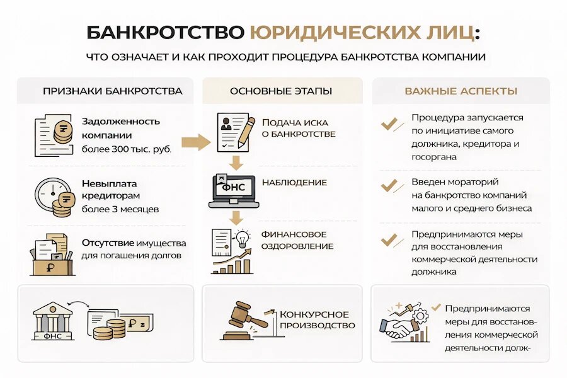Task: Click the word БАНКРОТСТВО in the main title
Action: (166, 33)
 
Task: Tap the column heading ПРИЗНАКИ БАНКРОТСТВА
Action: (113, 91)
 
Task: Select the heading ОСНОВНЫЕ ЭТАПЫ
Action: (281, 91)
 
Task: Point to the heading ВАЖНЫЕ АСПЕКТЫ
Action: (461, 91)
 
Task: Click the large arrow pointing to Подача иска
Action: (196, 142)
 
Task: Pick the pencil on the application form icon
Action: (246, 132)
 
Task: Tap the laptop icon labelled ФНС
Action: (234, 191)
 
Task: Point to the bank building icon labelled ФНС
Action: (53, 321)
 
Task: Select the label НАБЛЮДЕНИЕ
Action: (294, 182)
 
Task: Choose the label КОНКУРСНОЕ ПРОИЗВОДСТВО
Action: (317, 320)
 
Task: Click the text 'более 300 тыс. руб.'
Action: (127, 149)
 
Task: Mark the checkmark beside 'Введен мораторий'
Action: (389, 186)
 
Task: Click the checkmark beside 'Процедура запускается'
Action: (389, 124)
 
